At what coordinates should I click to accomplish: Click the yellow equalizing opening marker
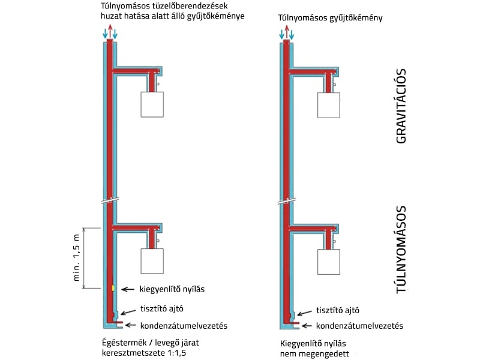112,289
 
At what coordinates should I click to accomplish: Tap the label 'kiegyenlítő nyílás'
172,289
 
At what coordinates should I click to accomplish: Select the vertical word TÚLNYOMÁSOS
401,250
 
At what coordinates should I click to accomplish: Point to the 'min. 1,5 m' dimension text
76,257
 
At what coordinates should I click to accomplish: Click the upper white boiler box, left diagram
156,104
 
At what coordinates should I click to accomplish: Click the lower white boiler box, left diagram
156,261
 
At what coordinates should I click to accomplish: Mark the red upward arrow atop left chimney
110,32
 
